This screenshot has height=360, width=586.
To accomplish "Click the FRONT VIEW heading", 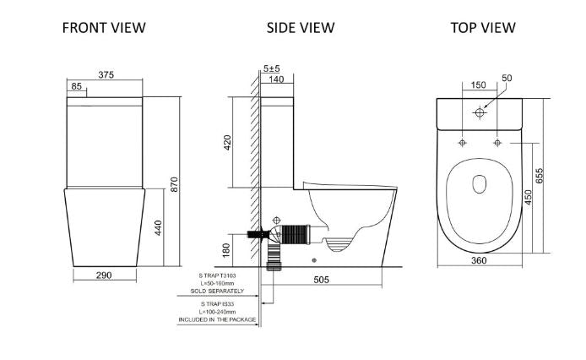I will tap(104, 28).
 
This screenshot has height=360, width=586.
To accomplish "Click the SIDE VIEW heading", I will tap(301, 28).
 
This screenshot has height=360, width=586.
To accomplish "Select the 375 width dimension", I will tap(106, 75).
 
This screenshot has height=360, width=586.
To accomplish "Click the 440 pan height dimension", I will tap(157, 227).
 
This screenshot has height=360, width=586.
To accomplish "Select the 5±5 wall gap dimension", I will tap(272, 67).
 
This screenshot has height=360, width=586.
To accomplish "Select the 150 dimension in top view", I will tap(478, 85).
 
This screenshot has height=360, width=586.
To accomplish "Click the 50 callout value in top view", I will tap(507, 79).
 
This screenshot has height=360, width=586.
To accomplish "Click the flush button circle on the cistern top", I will tap(480, 112).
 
